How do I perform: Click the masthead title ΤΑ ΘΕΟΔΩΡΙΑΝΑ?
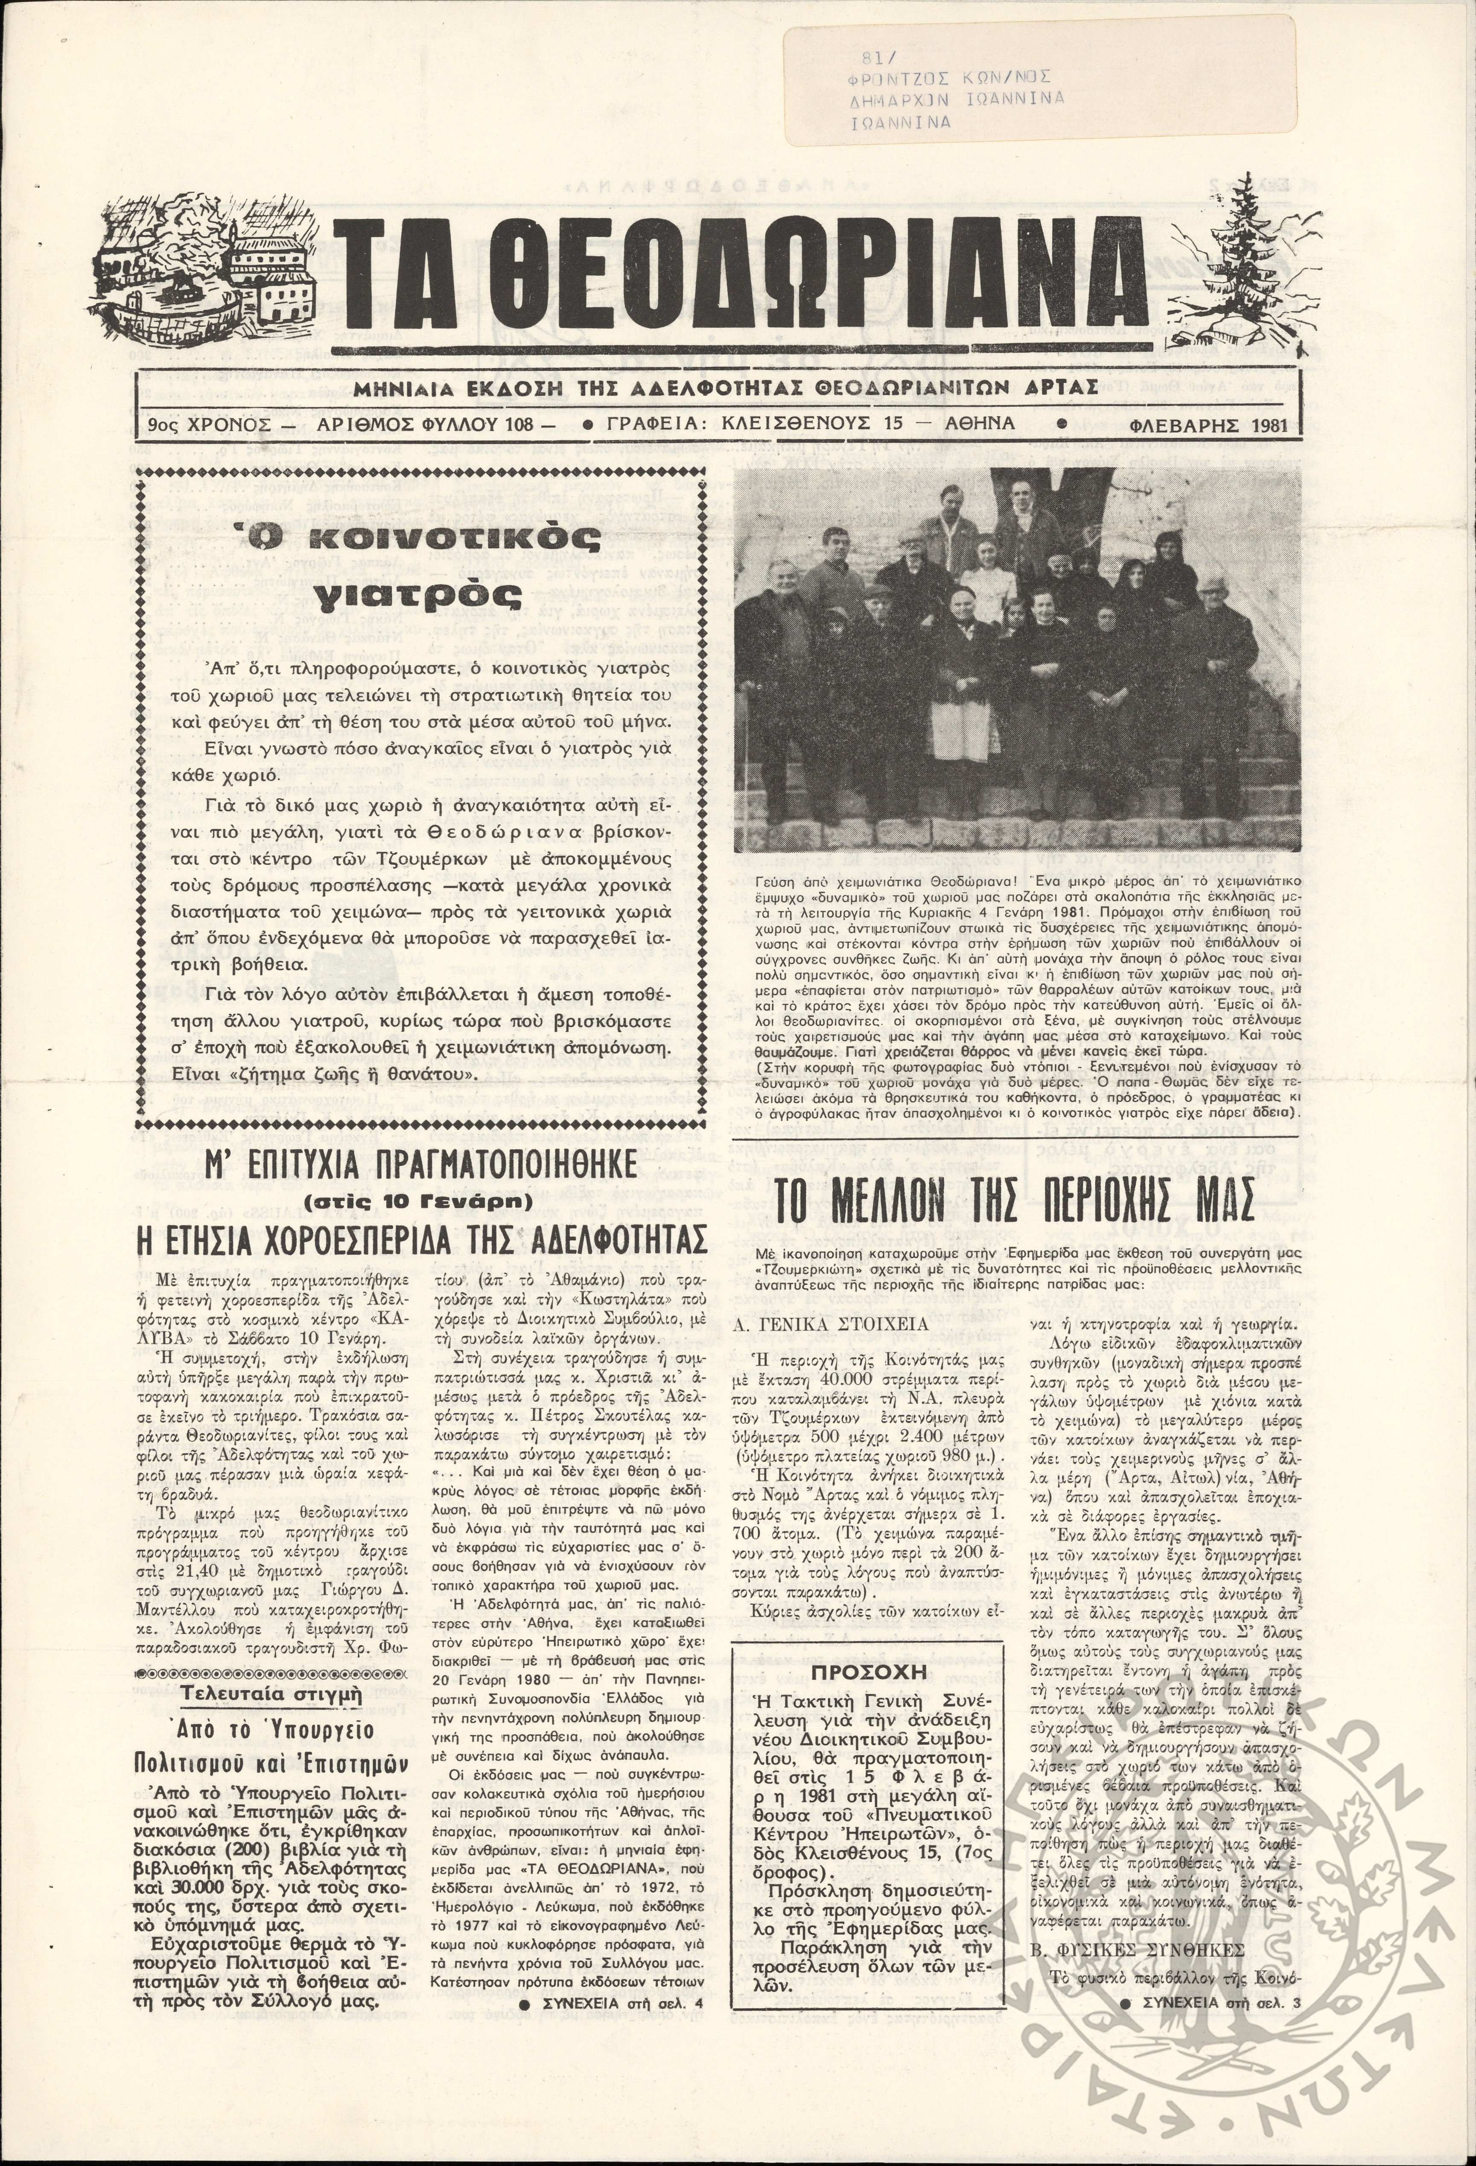point(741,280)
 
